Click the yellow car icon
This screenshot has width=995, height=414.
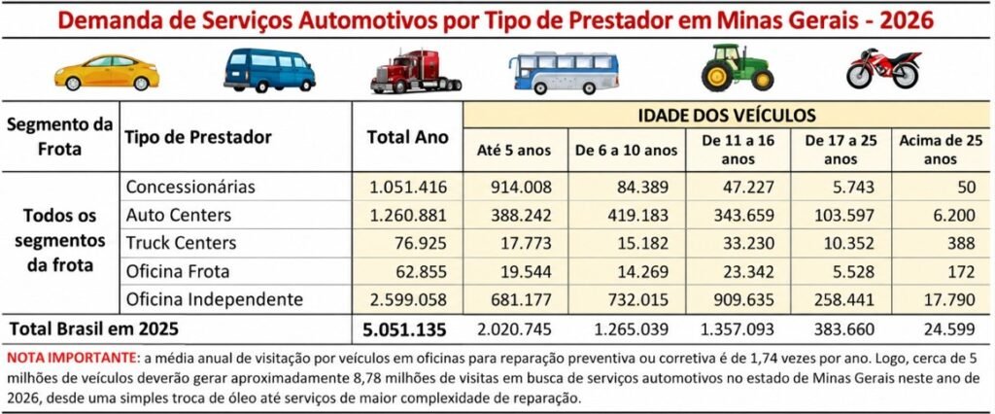click(107, 72)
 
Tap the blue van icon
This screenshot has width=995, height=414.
click(270, 70)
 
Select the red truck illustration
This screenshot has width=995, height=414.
click(416, 71)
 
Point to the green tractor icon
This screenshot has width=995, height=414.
click(738, 68)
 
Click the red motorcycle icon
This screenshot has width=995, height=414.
click(883, 68)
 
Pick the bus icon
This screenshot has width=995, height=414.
click(564, 72)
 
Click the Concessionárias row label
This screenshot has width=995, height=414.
click(190, 188)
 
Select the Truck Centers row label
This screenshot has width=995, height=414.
click(181, 243)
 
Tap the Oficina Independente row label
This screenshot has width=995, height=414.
click(214, 299)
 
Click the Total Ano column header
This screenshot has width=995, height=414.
click(408, 137)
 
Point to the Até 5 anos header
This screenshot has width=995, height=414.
click(514, 151)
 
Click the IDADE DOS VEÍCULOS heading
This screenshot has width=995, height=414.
click(727, 116)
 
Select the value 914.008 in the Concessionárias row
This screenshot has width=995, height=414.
click(521, 188)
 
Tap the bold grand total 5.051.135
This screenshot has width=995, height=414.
click(405, 330)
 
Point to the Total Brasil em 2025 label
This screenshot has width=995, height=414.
click(93, 329)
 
